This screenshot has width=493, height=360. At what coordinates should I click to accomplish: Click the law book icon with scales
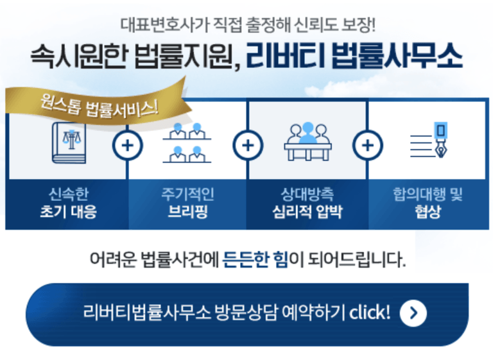[69, 142]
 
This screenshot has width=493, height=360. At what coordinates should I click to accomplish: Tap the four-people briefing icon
[187, 142]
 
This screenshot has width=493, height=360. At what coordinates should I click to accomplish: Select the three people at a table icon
[307, 141]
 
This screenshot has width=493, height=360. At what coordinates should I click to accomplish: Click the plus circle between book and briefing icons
[127, 146]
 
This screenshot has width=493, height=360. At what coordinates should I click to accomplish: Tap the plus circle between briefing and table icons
[248, 146]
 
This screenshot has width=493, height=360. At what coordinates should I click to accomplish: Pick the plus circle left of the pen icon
[368, 146]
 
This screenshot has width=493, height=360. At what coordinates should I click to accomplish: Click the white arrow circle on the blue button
[413, 313]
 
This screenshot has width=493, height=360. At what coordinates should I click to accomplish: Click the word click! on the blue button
[370, 313]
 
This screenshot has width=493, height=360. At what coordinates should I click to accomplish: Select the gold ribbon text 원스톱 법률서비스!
[99, 106]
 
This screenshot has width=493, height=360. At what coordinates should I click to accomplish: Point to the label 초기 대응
[68, 212]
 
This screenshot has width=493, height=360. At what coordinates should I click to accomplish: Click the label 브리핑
[187, 212]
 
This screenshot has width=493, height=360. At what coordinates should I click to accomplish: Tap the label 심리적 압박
[307, 212]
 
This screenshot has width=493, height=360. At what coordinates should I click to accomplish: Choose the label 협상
[428, 212]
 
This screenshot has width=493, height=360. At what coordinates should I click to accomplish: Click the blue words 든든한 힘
[255, 260]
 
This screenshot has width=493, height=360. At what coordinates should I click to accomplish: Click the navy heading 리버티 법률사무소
[354, 57]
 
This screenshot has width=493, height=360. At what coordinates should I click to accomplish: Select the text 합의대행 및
[428, 194]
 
